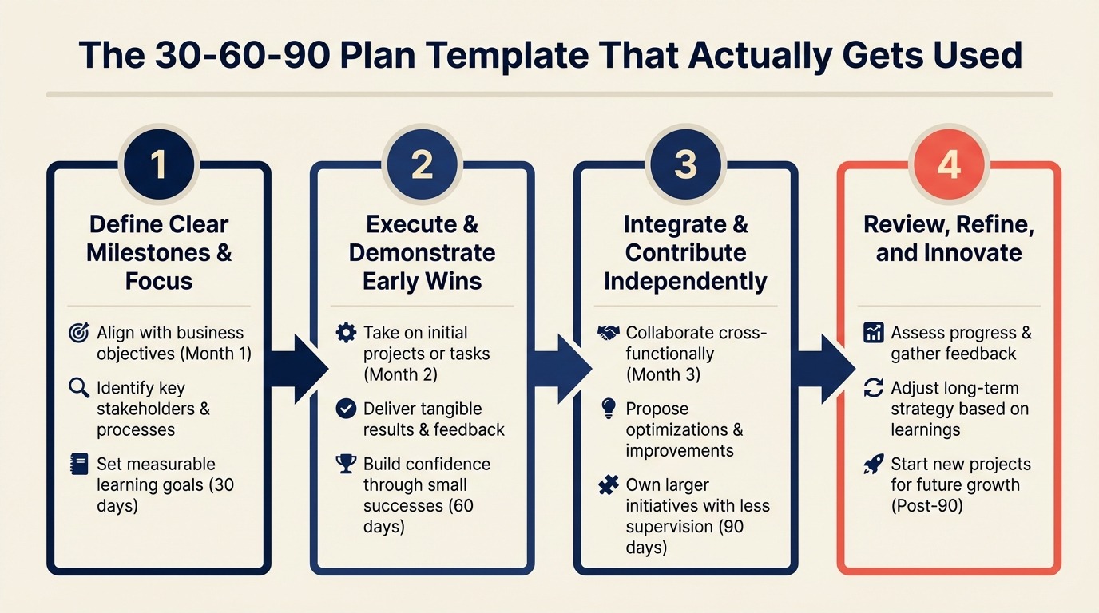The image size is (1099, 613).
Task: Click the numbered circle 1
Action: click(x=158, y=164)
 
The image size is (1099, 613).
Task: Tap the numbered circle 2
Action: click(x=422, y=164)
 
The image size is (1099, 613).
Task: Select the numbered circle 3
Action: click(x=685, y=164)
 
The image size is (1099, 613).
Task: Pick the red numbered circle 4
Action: click(x=948, y=164)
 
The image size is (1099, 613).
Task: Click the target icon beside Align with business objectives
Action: click(x=79, y=333)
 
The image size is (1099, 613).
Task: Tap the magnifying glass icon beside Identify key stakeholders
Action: click(x=79, y=389)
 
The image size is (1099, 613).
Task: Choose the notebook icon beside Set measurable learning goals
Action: click(x=79, y=465)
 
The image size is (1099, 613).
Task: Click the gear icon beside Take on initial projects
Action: click(x=346, y=333)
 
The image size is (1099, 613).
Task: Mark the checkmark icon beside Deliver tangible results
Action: click(x=346, y=409)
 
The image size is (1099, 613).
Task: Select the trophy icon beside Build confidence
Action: click(x=346, y=464)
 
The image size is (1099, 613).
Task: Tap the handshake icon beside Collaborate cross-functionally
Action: click(x=609, y=333)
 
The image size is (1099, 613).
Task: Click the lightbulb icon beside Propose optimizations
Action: click(x=609, y=409)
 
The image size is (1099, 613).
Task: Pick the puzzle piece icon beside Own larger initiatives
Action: click(x=609, y=484)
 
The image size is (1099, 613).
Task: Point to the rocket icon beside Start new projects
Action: click(x=874, y=465)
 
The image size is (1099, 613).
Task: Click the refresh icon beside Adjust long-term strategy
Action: click(x=874, y=389)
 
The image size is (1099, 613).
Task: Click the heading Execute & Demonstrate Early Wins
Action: click(x=422, y=252)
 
